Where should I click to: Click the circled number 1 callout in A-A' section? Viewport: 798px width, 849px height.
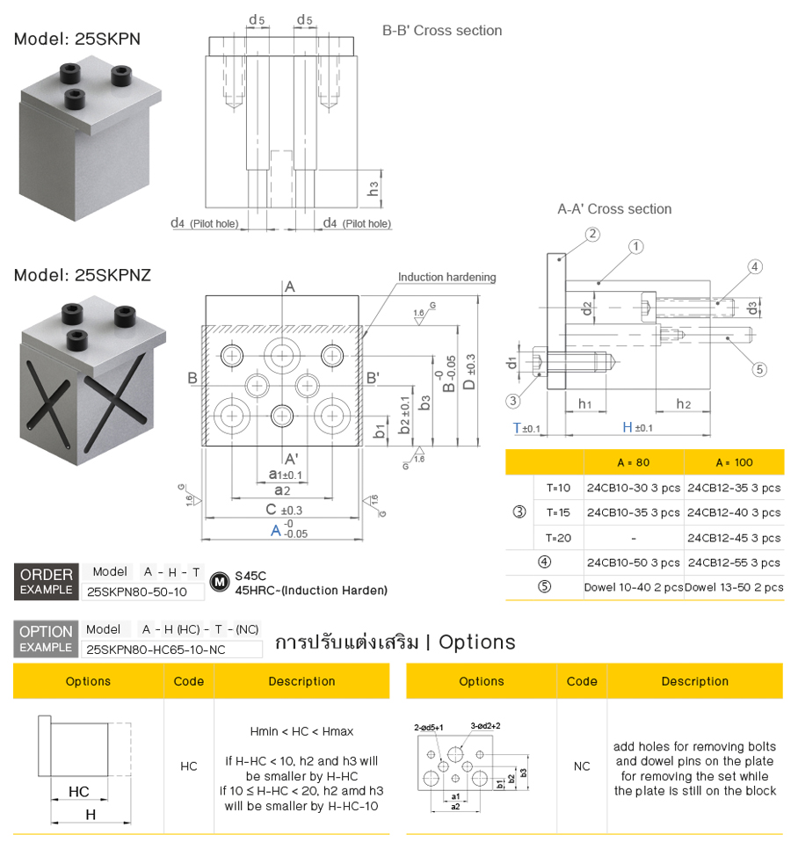click(x=636, y=247)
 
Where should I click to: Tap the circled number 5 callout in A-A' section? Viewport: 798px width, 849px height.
click(x=760, y=369)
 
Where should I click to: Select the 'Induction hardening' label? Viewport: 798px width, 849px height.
click(x=446, y=278)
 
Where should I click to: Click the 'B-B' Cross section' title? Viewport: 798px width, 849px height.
click(x=442, y=31)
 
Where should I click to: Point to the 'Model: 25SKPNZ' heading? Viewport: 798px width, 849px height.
click(x=83, y=275)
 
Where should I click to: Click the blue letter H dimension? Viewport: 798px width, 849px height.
click(x=628, y=428)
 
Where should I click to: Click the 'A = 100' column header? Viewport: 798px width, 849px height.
click(x=734, y=462)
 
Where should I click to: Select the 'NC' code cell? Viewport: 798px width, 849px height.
click(x=582, y=766)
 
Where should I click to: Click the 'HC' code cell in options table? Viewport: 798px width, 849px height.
click(x=189, y=766)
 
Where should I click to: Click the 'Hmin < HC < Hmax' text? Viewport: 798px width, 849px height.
click(x=301, y=731)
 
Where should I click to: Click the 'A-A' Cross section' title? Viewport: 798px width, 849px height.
click(x=614, y=209)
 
